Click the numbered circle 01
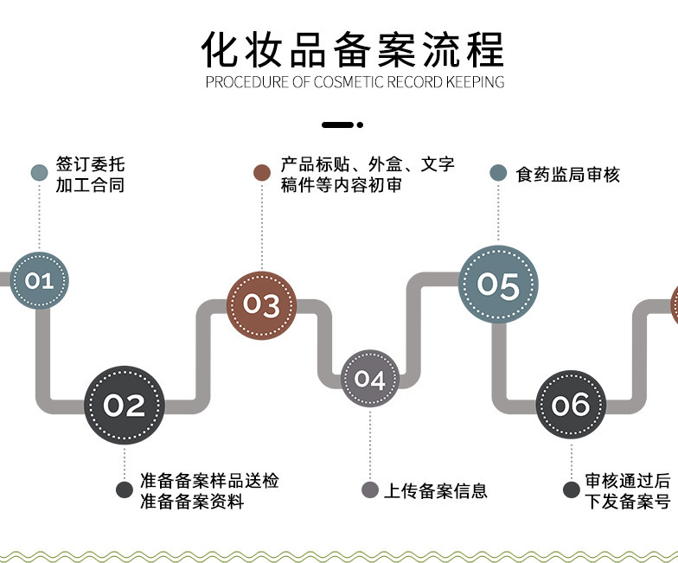[39, 280]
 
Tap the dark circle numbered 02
[124, 405]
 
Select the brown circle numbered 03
[261, 304]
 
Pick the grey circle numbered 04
[369, 379]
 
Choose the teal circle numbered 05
[497, 285]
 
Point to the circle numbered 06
[570, 405]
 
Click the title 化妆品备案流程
[353, 49]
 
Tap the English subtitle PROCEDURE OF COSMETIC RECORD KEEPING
[355, 83]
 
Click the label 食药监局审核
[568, 174]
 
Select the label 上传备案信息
[436, 490]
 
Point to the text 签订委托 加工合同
[90, 174]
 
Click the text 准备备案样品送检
[209, 481]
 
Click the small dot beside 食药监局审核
[498, 173]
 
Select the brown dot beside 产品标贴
[262, 173]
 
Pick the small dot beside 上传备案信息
[369, 490]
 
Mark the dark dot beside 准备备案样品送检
[125, 490]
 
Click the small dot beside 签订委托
[39, 173]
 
